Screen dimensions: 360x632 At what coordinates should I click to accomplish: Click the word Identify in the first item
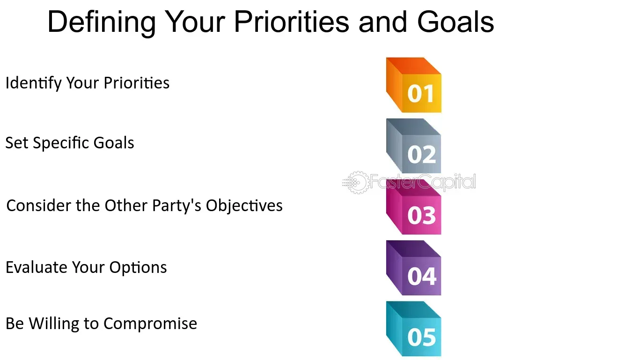[x=33, y=83]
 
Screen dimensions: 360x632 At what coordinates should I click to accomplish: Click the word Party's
[x=175, y=206]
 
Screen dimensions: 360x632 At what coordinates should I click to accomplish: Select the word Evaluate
[x=37, y=267]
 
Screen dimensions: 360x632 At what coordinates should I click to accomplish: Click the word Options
[x=138, y=267]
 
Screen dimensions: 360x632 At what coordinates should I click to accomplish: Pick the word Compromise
[x=150, y=323]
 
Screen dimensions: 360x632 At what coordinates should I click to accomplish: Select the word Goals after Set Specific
[x=114, y=143]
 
